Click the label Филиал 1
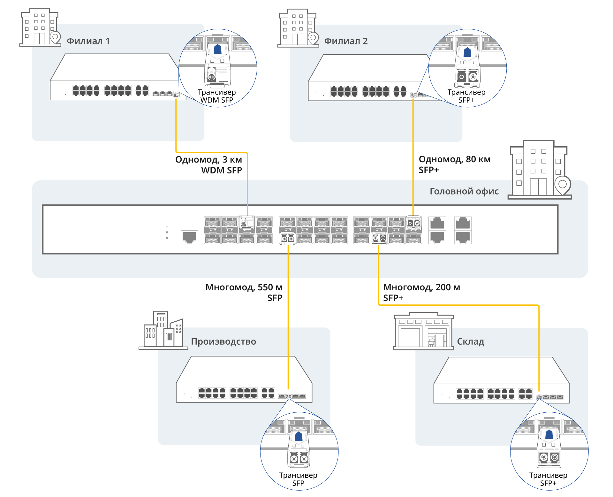(88, 41)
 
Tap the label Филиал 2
(346, 41)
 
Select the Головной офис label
(464, 191)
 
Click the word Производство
(223, 341)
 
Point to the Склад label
(471, 341)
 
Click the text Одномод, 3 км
(208, 159)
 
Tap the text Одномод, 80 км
(454, 159)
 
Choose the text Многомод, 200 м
(421, 287)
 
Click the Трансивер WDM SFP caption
(217, 96)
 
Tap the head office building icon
(540, 170)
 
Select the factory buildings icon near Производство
(163, 330)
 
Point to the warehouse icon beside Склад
(423, 331)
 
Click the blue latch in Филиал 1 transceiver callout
(217, 49)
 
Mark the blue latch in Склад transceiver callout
(549, 434)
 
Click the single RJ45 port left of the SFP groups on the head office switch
(189, 237)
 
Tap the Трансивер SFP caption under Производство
(298, 479)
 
